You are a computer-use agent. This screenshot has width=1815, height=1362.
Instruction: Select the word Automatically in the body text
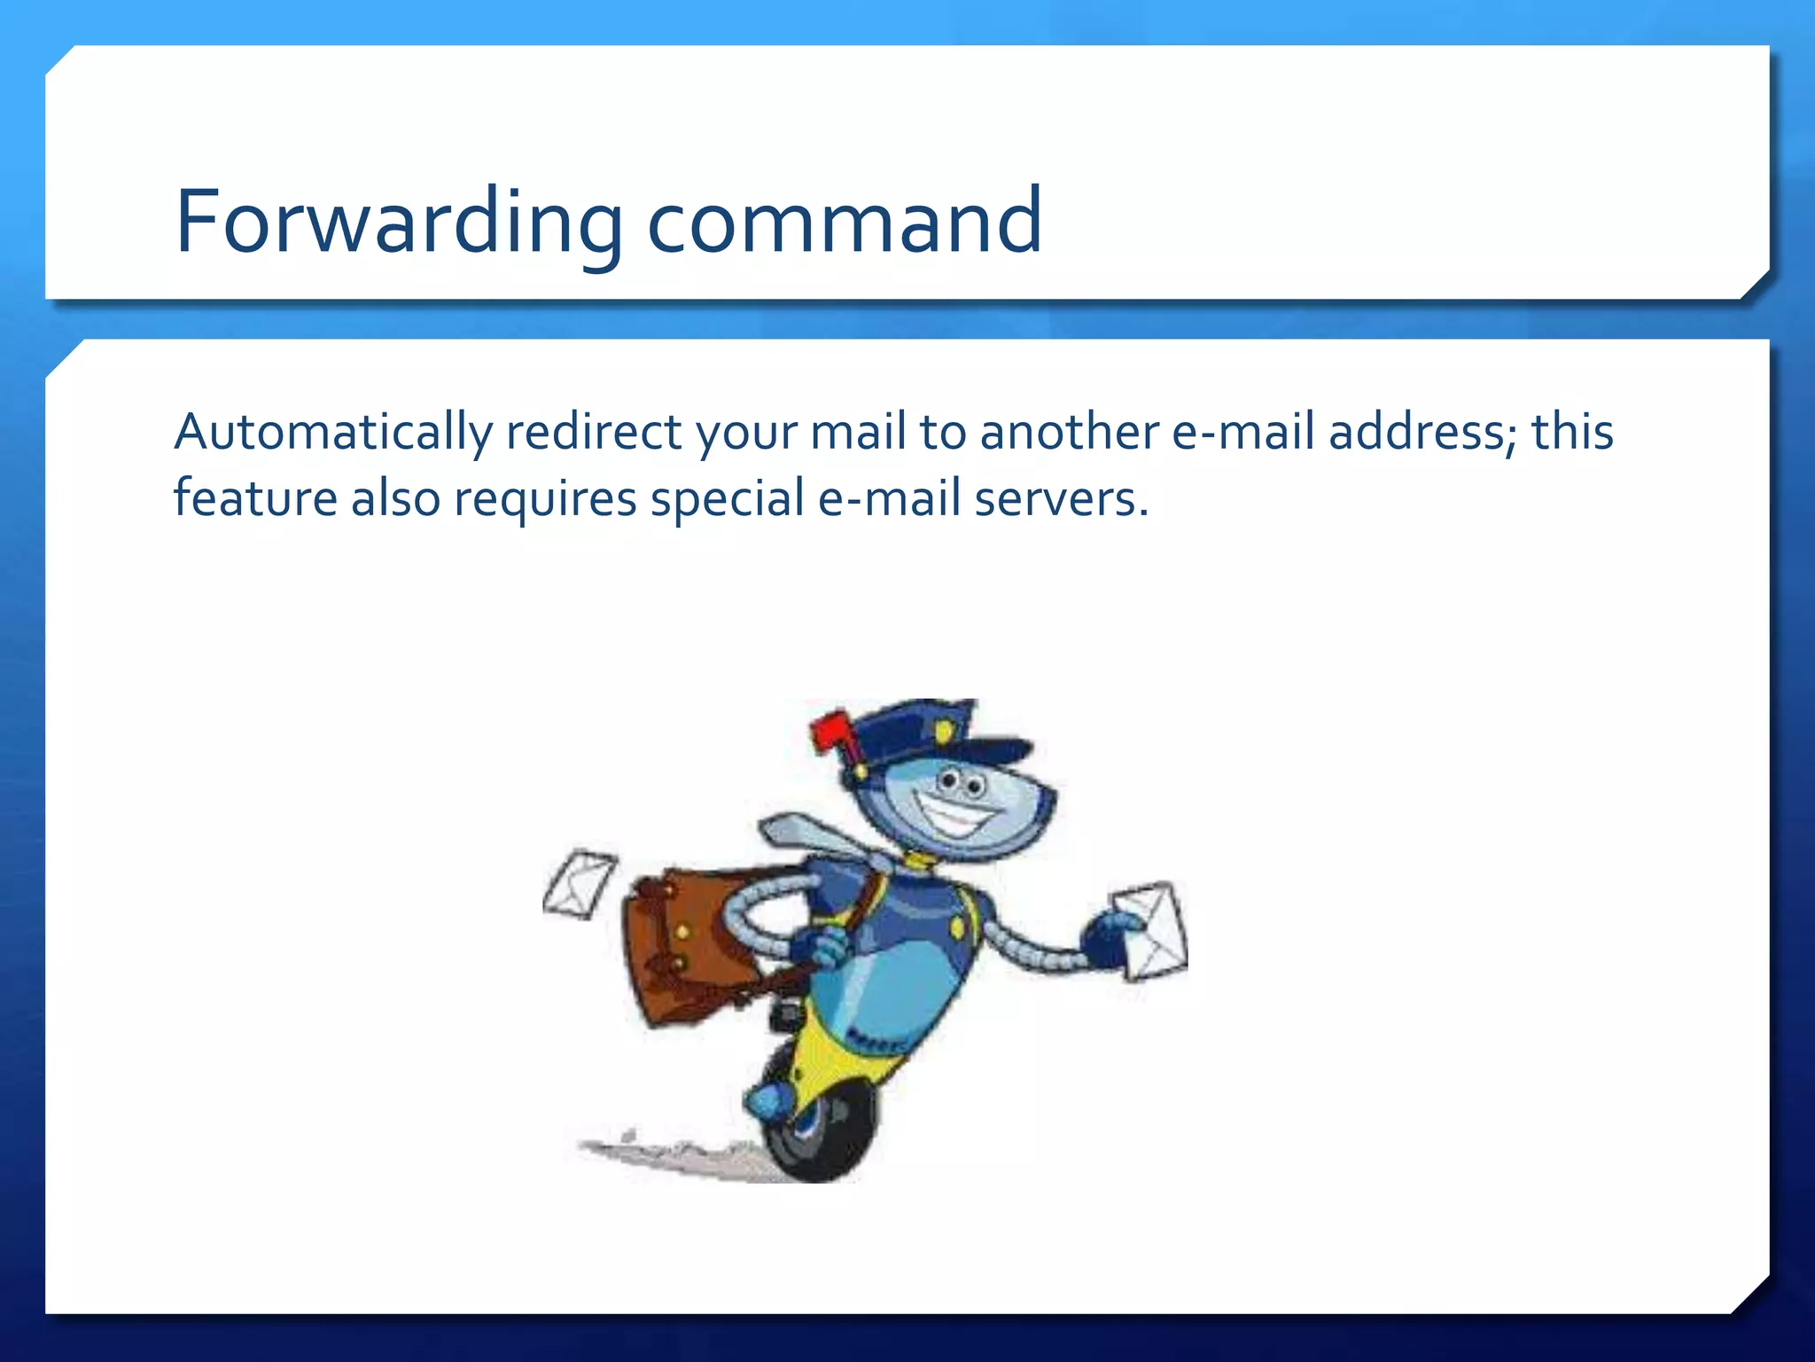pyautogui.click(x=332, y=433)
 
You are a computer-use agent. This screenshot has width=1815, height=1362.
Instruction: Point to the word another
pyautogui.click(x=1069, y=433)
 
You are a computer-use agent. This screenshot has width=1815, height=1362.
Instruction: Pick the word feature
pyautogui.click(x=255, y=498)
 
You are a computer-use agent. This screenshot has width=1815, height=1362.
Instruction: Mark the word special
pyautogui.click(x=727, y=498)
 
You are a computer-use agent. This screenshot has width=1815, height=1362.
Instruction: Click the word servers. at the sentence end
pyautogui.click(x=1061, y=498)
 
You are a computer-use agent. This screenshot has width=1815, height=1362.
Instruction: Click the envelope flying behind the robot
pyautogui.click(x=579, y=883)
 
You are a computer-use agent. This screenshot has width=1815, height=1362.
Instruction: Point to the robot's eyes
pyautogui.click(x=962, y=782)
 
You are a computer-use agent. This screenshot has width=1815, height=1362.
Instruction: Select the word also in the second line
pyautogui.click(x=395, y=498)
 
